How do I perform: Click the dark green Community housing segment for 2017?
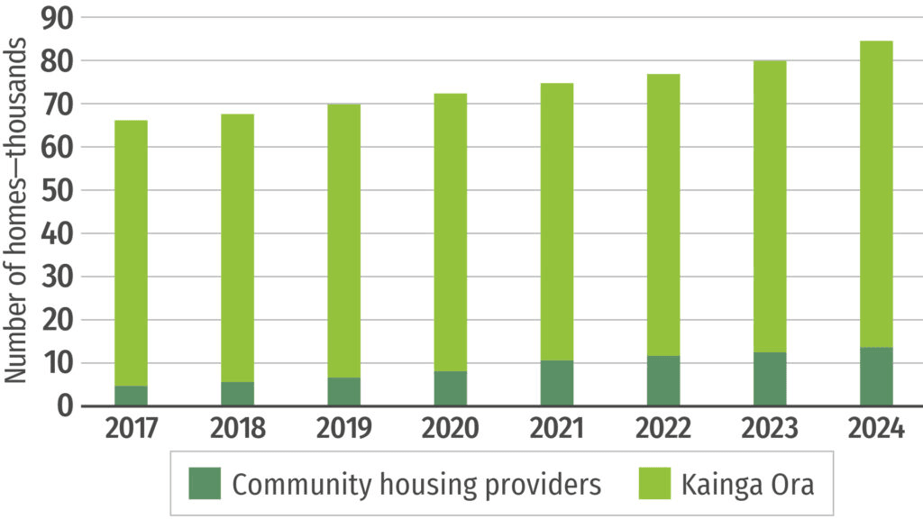pos(131,396)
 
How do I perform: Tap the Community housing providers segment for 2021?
pos(557,383)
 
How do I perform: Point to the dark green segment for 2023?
pos(770,378)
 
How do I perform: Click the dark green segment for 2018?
pos(237,394)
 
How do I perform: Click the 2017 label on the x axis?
pos(132,429)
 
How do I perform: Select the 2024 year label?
pos(876,429)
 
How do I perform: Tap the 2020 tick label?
pos(451,429)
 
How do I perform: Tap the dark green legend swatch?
pos(205,484)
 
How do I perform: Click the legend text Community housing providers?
pos(416,485)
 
